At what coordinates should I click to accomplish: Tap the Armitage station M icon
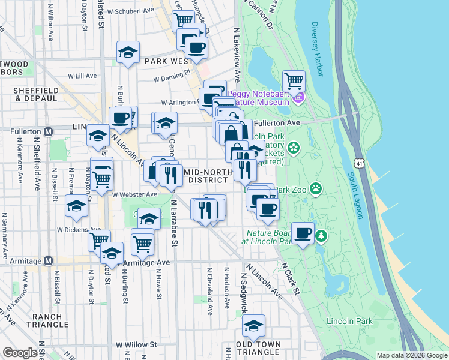pos(49,261)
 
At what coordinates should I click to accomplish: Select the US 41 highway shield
pos(358,163)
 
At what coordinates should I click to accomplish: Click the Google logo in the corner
pos(20,353)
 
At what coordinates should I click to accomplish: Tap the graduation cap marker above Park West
pos(128,52)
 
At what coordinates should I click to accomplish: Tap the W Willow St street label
pos(136,345)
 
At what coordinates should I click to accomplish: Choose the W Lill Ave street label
pos(82,76)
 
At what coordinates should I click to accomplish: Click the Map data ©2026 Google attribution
pos(412,355)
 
